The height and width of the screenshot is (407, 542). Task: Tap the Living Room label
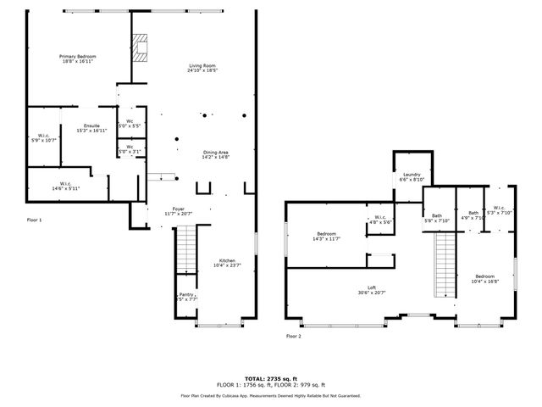click(x=203, y=68)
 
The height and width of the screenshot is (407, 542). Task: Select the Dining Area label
click(x=215, y=154)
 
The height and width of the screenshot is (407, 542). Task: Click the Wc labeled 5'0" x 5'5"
click(x=130, y=124)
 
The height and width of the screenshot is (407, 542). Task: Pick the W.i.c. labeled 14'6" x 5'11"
click(x=65, y=186)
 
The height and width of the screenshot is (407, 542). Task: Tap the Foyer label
click(x=179, y=210)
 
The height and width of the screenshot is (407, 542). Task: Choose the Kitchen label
click(x=227, y=262)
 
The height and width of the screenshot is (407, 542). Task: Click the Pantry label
click(x=185, y=297)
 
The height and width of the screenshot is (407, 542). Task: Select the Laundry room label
click(x=412, y=176)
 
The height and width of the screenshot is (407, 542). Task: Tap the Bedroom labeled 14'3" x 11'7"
click(x=327, y=236)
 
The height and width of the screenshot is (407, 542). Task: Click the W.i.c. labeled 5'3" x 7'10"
click(x=499, y=209)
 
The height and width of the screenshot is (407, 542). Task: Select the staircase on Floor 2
click(x=445, y=265)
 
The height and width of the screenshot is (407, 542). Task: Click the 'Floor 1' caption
click(x=34, y=220)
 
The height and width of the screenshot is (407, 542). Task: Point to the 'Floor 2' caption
click(x=293, y=336)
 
